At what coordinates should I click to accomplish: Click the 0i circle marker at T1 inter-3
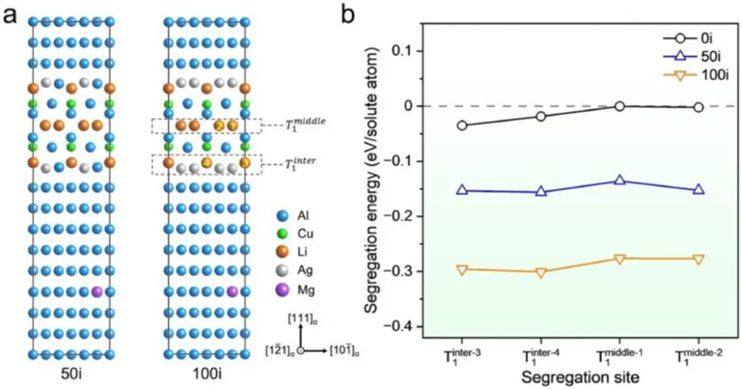coord(462,126)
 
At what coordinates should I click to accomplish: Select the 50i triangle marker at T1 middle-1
coord(620,180)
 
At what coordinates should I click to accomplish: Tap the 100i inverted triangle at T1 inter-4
coord(541,272)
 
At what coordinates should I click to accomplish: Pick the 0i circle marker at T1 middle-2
coord(699,107)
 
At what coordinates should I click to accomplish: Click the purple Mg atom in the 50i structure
coord(96,292)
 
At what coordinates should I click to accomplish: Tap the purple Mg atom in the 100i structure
coord(232,292)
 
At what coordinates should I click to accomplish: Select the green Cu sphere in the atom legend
coord(280,233)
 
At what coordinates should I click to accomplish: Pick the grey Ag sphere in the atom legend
coord(280,271)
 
